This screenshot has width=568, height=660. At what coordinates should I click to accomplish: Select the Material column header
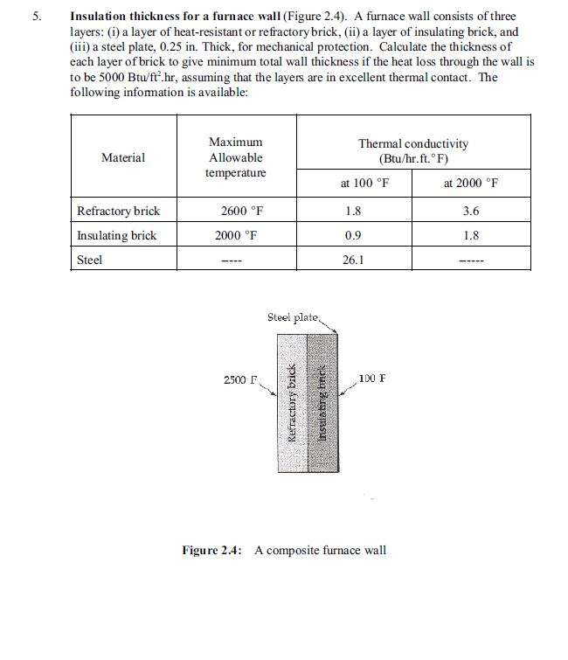click(123, 158)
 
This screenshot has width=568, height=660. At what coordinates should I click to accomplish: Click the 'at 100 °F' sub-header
click(364, 184)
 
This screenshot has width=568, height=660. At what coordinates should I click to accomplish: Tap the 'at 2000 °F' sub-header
click(471, 184)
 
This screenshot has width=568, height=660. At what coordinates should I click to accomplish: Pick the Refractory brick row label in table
click(118, 211)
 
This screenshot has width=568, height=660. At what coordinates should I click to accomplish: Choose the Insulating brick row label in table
click(116, 235)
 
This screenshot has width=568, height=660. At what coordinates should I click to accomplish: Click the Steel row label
click(90, 260)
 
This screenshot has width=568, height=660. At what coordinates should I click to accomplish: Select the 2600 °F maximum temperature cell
click(235, 211)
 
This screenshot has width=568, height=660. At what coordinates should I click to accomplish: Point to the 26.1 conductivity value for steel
click(353, 260)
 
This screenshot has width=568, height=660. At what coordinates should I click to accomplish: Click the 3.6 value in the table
click(471, 211)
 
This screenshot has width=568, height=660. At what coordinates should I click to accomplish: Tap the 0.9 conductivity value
click(353, 235)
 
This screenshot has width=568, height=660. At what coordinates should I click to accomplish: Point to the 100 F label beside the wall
click(373, 379)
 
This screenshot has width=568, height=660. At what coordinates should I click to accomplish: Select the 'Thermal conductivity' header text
click(412, 143)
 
